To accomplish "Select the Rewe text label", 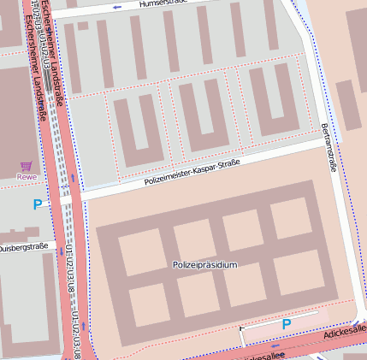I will coord(27,177).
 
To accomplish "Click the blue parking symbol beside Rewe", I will coord(36,204).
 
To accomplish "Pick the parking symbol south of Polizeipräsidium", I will coord(287,324).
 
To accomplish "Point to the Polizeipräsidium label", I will coord(204,265).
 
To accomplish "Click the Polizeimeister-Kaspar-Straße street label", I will coord(192,171).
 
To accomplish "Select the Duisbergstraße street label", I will coord(24,247).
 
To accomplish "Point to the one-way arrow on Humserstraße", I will coord(116,7).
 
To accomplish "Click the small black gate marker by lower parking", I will coord(242,328).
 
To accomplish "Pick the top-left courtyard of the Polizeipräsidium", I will coord(139,251).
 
